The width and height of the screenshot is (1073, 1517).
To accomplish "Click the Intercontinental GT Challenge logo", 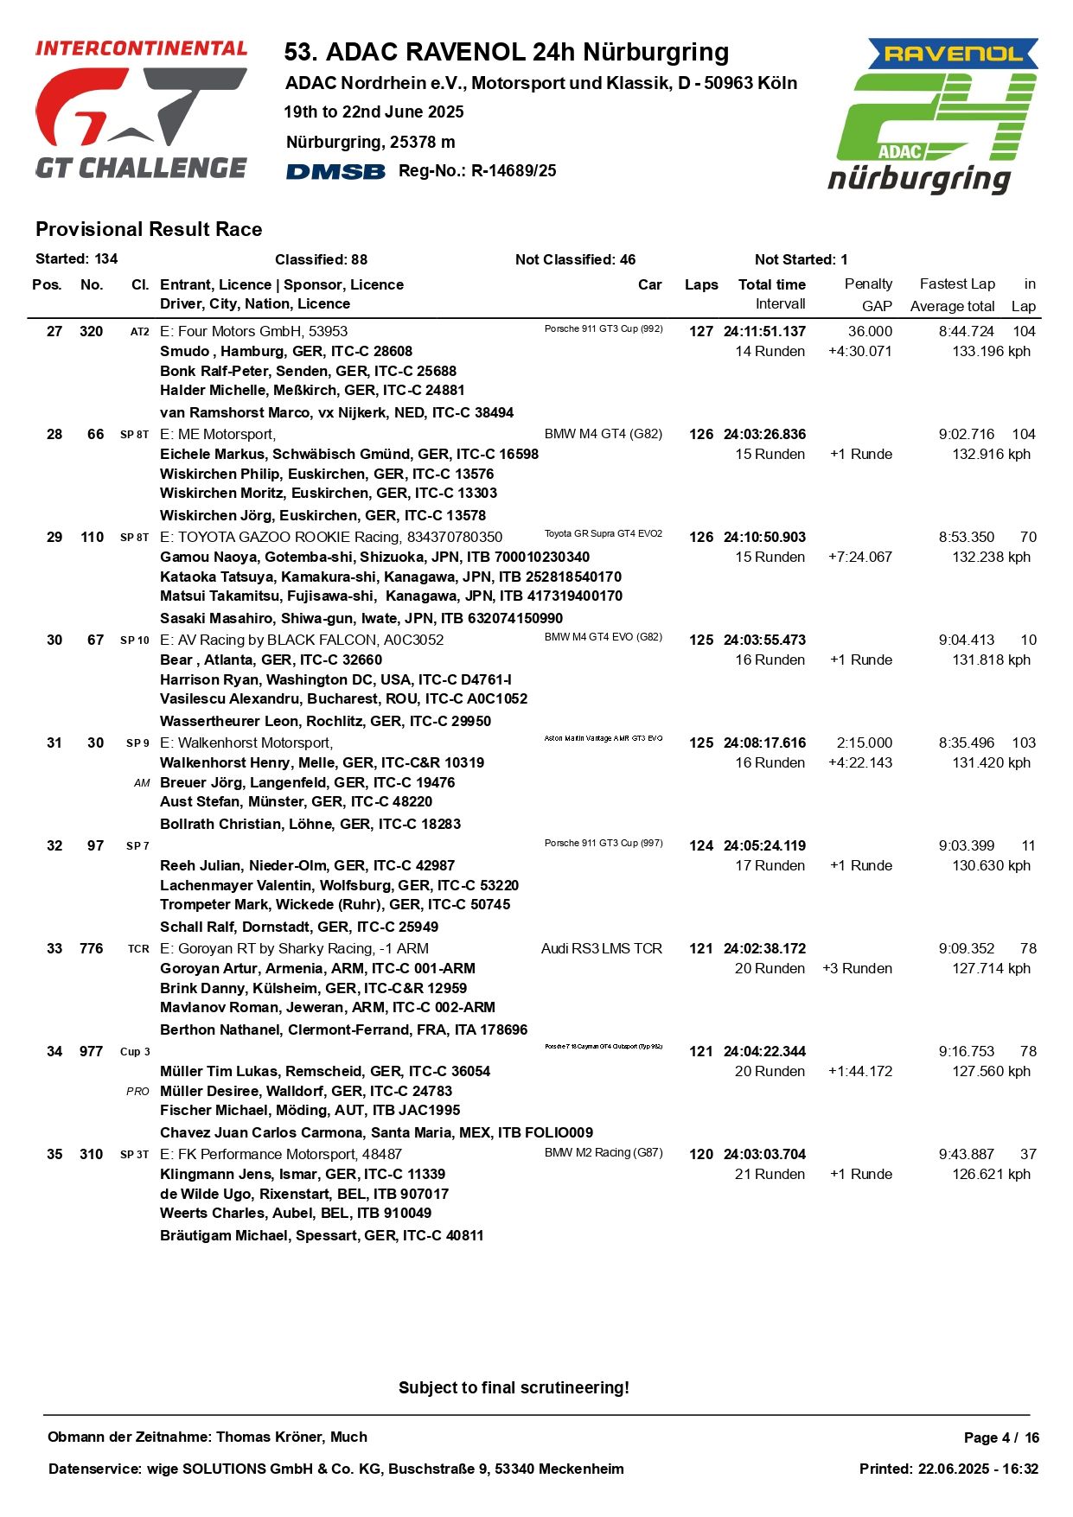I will pos(141,109).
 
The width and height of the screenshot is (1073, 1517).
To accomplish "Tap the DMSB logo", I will pos(335,171).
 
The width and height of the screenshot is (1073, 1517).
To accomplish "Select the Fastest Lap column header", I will pos(957,284).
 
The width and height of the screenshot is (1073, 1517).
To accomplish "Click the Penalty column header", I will pos(868,284).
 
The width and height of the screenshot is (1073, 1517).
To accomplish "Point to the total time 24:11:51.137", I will pos(764,331).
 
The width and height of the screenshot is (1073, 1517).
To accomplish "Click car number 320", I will pos(91,331).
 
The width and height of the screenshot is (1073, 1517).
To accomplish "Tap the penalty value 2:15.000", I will pos(864,743).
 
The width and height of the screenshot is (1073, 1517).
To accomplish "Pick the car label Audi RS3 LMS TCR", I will pos(602,948).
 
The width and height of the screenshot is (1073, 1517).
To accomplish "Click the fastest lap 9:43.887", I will pos(967,1154).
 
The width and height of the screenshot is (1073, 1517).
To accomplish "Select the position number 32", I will pos(54,845).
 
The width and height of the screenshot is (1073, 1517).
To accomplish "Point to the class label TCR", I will pos(138,948).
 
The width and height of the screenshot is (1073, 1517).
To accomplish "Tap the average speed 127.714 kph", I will pos(991,968).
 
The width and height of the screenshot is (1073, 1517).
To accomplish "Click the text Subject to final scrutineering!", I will pos(514,1387).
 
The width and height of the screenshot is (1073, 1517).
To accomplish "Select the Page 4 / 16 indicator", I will pos(1001,1437).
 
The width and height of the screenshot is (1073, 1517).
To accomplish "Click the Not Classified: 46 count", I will pos(575,259).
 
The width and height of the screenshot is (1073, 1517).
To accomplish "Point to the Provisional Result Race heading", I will pos(149,229).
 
